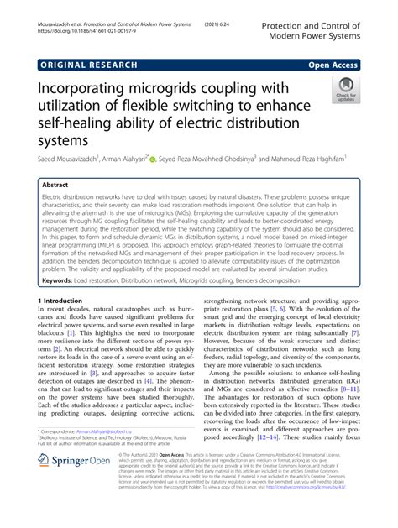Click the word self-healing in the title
78,126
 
